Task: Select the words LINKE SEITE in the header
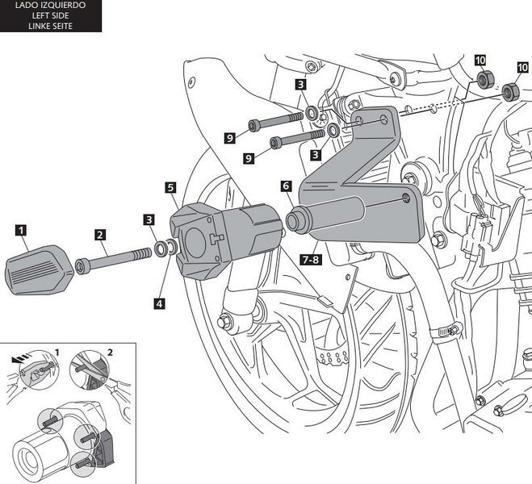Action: (50, 26)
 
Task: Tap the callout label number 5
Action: (170, 187)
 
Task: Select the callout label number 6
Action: (286, 186)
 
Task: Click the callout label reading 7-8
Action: (310, 261)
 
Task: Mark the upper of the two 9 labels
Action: (229, 138)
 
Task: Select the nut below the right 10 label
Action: (511, 92)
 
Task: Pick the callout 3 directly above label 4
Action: (149, 219)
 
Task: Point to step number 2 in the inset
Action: (111, 352)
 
